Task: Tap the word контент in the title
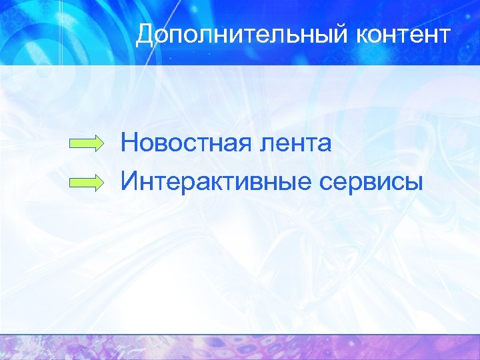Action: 407,35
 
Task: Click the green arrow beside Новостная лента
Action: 87,143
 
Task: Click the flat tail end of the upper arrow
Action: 70,143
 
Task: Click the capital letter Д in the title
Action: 145,35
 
